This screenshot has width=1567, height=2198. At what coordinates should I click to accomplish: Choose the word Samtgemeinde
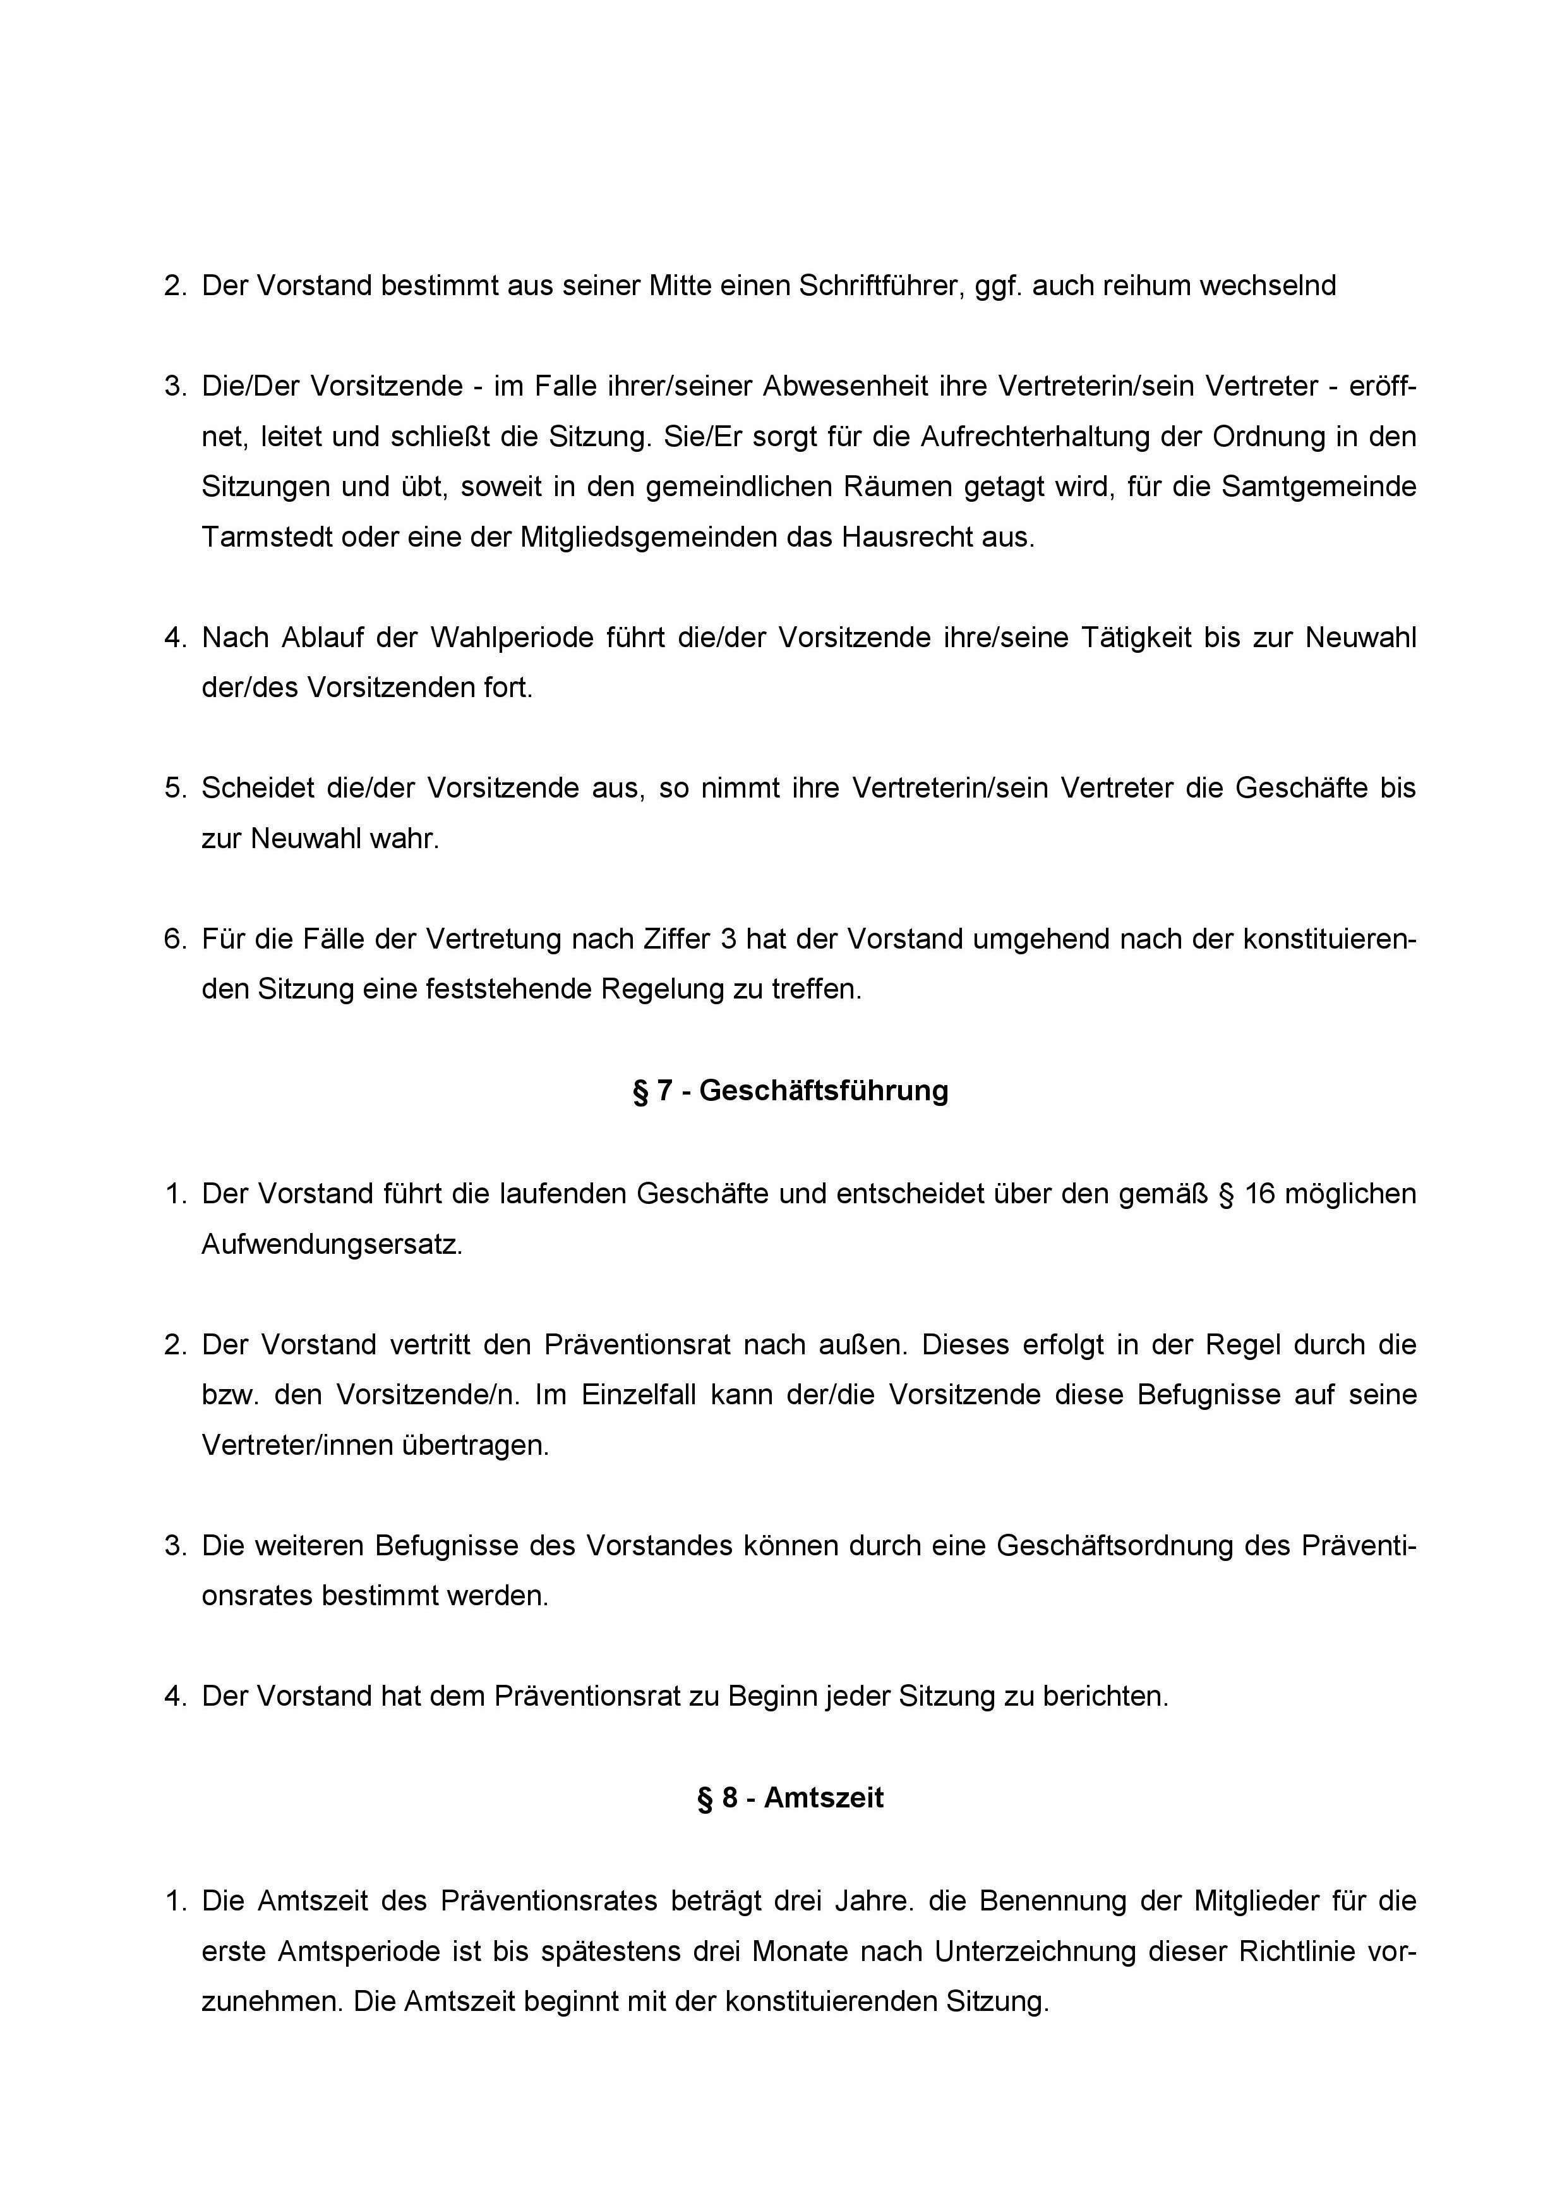[x=1319, y=487]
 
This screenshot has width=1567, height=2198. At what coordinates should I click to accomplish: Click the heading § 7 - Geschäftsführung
[x=790, y=1091]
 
